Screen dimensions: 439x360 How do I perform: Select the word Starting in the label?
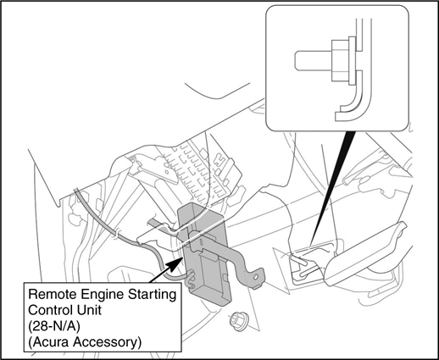coord(153,296)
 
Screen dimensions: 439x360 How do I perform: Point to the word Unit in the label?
coord(91,310)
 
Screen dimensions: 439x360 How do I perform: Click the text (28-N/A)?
coord(54,326)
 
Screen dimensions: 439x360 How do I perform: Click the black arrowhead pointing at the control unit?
coord(175,263)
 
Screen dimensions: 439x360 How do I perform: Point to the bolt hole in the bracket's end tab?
coord(255,278)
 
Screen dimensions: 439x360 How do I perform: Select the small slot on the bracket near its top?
coord(201,242)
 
